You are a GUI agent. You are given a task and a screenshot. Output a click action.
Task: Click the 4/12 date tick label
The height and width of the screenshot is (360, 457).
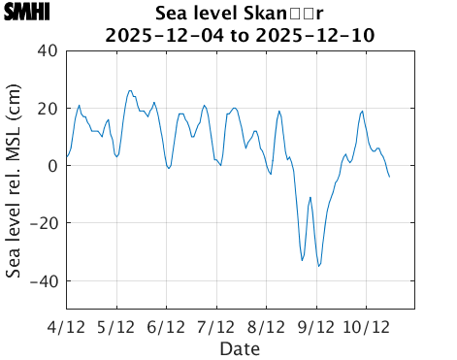tap(66, 327)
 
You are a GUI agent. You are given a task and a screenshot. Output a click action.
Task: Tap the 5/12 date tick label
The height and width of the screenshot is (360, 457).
tap(116, 327)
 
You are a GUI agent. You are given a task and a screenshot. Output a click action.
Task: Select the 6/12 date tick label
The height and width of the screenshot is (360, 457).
tap(166, 327)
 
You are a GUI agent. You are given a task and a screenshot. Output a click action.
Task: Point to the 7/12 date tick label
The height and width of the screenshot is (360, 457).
tap(215, 327)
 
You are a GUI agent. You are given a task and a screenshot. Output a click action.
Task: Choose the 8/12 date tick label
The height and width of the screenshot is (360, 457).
tap(266, 327)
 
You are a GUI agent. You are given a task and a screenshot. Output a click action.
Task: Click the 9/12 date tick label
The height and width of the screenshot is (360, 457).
tap(315, 327)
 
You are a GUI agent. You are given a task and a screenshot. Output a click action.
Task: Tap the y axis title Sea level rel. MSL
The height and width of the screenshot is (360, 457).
tap(14, 180)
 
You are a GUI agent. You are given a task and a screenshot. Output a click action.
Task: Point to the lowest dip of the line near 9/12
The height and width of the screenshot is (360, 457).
tap(318, 266)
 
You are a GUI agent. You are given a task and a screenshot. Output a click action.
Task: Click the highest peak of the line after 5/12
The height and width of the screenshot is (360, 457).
tap(130, 91)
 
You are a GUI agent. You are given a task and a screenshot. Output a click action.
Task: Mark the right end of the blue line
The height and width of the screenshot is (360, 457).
tap(389, 177)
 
